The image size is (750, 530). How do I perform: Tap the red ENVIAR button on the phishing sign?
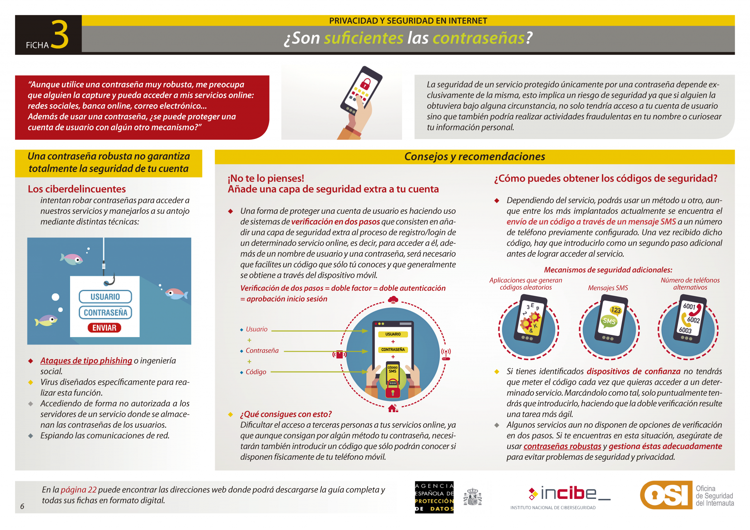point(104,328)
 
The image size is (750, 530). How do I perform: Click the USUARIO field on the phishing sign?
point(105,296)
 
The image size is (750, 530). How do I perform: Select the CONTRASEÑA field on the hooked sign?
point(105,313)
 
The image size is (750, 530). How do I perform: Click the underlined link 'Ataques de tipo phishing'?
point(86,361)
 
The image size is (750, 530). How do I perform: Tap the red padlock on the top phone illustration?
point(365,83)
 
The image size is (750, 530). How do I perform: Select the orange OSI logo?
point(666,495)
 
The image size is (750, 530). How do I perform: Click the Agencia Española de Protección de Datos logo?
point(434,497)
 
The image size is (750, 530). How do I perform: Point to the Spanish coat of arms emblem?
point(473,497)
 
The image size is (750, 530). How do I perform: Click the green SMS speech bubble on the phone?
point(609,321)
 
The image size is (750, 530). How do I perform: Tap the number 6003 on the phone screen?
point(685,330)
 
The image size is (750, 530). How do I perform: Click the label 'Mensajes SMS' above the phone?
point(608,288)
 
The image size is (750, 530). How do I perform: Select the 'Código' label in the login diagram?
point(256,372)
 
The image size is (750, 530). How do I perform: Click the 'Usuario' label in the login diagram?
point(257,329)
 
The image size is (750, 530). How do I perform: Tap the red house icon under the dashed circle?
point(393,408)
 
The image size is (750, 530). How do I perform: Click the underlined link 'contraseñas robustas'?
point(562,446)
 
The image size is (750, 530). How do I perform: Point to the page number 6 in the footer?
point(22,506)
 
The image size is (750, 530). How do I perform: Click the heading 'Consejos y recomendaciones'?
point(475,157)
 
